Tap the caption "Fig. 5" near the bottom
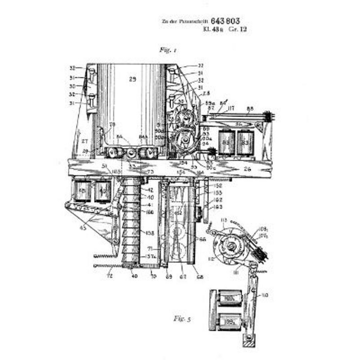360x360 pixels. tap(183, 319)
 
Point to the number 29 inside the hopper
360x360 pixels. tap(132, 79)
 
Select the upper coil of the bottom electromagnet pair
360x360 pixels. tap(229, 299)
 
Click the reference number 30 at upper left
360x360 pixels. tap(73, 86)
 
